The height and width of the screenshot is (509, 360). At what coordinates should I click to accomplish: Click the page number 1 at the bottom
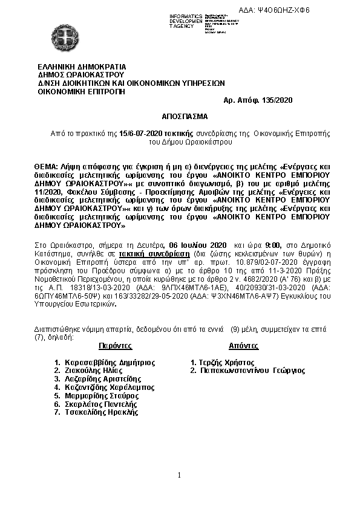[x=180, y=475]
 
